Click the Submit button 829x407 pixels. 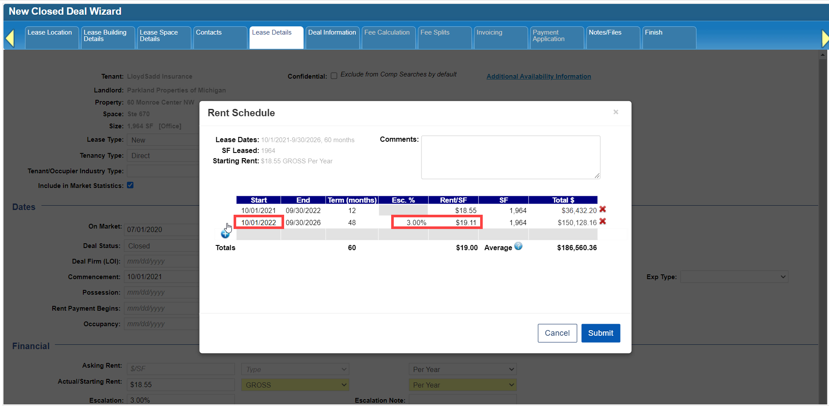point(601,333)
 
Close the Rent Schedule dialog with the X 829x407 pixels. point(616,112)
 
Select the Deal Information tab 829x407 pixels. point(332,38)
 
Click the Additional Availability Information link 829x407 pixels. point(539,76)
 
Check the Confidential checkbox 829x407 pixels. point(334,76)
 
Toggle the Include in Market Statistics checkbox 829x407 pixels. point(130,185)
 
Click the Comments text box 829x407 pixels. point(511,157)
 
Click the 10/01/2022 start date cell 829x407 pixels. point(259,223)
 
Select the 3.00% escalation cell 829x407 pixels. point(416,223)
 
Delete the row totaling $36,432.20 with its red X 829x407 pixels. point(603,209)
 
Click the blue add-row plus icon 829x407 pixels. point(225,234)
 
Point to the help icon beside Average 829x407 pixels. point(518,246)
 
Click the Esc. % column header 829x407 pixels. point(403,200)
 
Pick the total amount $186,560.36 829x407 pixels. point(577,248)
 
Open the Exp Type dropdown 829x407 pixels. point(734,277)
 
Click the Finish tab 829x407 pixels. point(669,38)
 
